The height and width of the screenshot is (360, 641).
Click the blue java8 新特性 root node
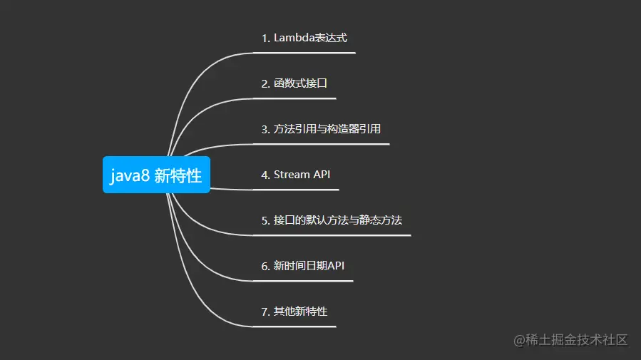[156, 175]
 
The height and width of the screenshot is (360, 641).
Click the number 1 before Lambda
[265, 38]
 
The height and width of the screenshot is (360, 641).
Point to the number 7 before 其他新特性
[265, 312]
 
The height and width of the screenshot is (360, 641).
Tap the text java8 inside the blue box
[129, 175]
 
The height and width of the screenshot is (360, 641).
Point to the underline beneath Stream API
[295, 190]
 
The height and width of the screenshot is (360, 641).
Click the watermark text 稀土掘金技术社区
[579, 339]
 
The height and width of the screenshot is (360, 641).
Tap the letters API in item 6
[336, 266]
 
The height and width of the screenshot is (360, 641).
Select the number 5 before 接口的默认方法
[265, 220]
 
